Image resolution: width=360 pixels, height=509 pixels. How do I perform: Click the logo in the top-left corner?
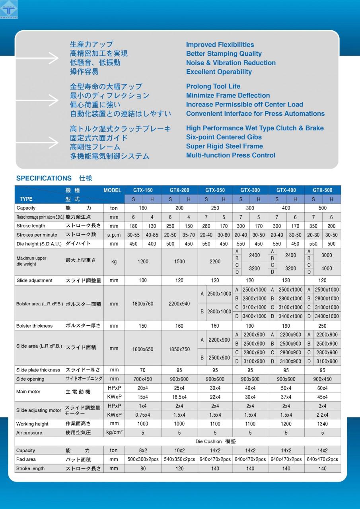pos(9,10)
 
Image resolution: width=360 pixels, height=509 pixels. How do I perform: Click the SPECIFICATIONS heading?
pos(44,178)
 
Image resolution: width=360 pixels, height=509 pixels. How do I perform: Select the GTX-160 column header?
pos(143,190)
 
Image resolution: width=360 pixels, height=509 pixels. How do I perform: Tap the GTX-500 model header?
pos(322,190)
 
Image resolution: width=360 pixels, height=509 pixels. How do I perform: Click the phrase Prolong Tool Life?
pos(213,86)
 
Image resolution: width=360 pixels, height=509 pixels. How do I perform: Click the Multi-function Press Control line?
pos(231,155)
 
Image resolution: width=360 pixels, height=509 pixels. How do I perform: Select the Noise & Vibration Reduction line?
pos(231,63)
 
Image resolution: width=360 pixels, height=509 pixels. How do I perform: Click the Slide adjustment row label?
pos(35,280)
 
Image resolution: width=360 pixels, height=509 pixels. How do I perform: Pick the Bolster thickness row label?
pos(35,326)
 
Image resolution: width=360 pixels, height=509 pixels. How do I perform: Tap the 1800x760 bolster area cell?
pos(143,304)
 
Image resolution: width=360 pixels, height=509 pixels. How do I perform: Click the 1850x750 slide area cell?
pos(179,349)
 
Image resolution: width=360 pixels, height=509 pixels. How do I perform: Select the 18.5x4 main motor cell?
pos(179,397)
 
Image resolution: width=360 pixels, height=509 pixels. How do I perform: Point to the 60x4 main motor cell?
pos(322,388)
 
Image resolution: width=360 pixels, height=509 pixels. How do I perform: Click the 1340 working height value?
pos(322,424)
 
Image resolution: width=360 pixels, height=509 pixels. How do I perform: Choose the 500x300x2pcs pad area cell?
pos(143,459)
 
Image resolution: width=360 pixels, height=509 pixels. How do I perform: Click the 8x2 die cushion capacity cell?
pos(143,451)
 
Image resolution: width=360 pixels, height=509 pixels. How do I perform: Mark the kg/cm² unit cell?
pos(114,433)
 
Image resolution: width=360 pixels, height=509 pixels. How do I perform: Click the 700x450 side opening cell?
pos(143,379)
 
